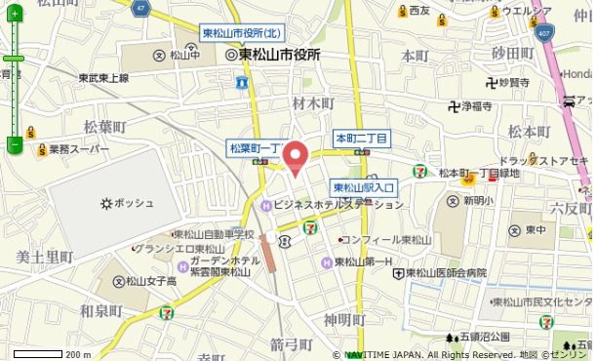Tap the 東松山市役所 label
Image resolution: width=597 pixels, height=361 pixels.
tap(279, 56)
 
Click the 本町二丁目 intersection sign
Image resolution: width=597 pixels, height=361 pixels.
tap(362, 139)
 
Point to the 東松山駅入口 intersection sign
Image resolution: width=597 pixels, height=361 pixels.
tap(364, 187)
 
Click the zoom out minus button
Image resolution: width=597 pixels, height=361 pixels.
tap(14, 144)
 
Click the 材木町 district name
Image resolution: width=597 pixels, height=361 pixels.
tap(312, 102)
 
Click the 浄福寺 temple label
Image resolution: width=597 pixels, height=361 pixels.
tap(476, 105)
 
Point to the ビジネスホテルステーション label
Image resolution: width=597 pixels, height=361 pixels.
tap(332, 205)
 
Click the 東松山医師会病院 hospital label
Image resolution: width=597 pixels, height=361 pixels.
tap(445, 273)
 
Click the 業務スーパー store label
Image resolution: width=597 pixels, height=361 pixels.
tap(72, 150)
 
